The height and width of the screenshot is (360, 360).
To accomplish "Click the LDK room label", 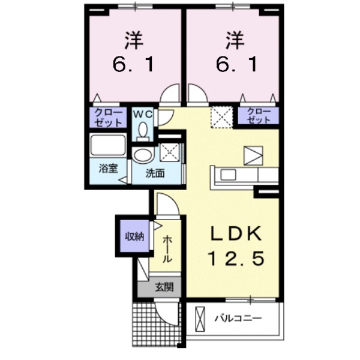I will (x=236, y=233).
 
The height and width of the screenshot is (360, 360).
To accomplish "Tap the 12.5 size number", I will (x=236, y=259).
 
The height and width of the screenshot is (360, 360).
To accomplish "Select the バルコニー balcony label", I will (x=238, y=318).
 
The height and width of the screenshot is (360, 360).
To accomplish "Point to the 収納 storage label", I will (x=134, y=236).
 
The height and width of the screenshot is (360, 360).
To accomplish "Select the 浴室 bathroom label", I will (x=108, y=168).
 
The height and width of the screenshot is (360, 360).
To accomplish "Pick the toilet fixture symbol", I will (x=143, y=130).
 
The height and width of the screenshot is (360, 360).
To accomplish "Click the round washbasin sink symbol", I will (x=143, y=156).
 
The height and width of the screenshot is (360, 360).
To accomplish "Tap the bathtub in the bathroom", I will (x=108, y=146).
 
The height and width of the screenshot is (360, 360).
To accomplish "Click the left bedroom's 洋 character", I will (x=134, y=41).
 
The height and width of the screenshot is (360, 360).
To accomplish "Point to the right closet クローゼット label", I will (x=258, y=116).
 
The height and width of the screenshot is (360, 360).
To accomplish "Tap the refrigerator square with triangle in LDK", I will (x=253, y=155).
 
